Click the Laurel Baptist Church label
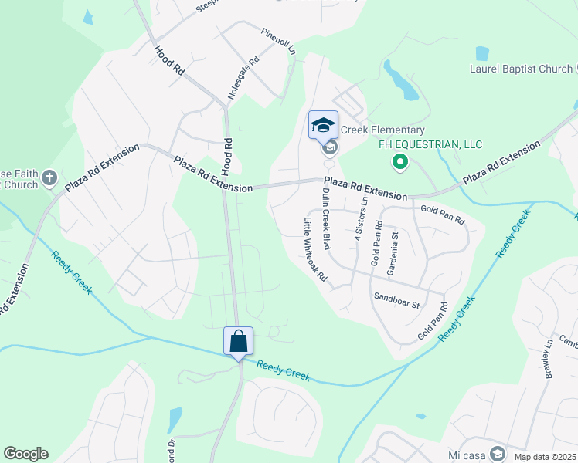(521, 69)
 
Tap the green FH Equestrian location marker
(399, 162)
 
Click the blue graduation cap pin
(323, 125)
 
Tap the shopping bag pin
(238, 341)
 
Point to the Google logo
(25, 454)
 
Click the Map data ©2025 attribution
(545, 457)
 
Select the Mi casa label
(466, 454)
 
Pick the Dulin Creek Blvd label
(327, 220)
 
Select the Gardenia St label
(393, 254)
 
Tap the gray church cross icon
(49, 178)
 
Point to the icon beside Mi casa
(498, 453)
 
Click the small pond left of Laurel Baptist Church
(482, 53)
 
